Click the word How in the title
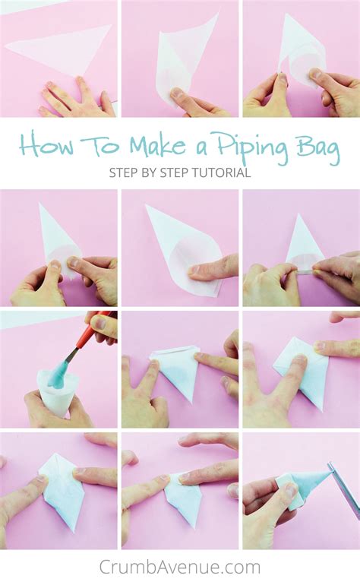46,144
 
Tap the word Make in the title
157,144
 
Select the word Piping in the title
253,147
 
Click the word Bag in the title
318,147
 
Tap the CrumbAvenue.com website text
180,567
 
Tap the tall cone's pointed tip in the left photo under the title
40,204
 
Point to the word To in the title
100,144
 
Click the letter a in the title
201,147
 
